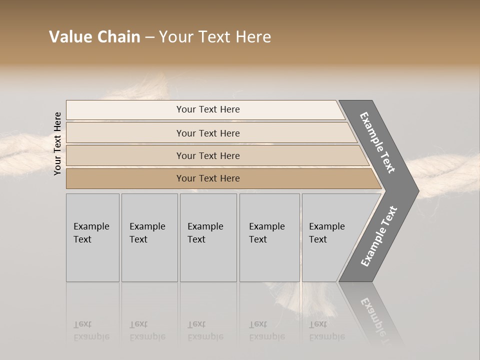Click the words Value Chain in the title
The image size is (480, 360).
[94, 37]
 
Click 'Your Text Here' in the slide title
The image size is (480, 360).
[215, 37]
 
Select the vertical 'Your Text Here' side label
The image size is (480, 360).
[57, 143]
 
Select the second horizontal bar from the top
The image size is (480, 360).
[207, 133]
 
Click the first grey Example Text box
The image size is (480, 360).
[92, 237]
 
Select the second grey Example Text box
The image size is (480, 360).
[149, 237]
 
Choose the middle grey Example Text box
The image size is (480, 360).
[208, 237]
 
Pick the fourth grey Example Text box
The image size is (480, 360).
[269, 237]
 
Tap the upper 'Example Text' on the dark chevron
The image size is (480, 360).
[377, 142]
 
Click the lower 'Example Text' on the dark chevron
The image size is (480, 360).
[378, 236]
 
